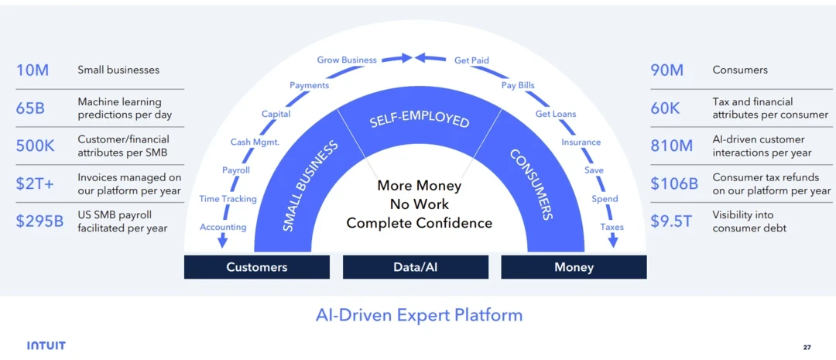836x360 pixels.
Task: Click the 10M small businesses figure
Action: (x=33, y=70)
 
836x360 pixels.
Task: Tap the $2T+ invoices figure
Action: (x=35, y=184)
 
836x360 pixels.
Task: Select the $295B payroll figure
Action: (x=40, y=221)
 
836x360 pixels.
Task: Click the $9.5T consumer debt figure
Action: (x=670, y=221)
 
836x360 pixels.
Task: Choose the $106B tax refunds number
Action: (x=674, y=184)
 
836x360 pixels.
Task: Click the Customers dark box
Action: (x=257, y=267)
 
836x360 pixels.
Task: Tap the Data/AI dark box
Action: (x=416, y=267)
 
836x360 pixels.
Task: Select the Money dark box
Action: (x=574, y=267)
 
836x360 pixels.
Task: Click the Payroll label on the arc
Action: (x=236, y=170)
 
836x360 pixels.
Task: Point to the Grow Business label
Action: (x=347, y=60)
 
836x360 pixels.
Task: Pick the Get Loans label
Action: (x=556, y=114)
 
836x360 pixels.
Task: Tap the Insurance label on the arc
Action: (x=581, y=142)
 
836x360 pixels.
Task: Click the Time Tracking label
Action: (x=228, y=199)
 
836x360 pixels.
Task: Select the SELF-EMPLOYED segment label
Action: (x=419, y=121)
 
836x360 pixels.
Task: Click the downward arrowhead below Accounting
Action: (x=223, y=242)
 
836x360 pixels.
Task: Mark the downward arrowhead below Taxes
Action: (x=613, y=242)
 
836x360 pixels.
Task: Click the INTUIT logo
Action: (x=46, y=345)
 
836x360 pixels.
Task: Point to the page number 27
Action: (x=807, y=346)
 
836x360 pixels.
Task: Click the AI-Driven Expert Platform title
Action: (x=419, y=315)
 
